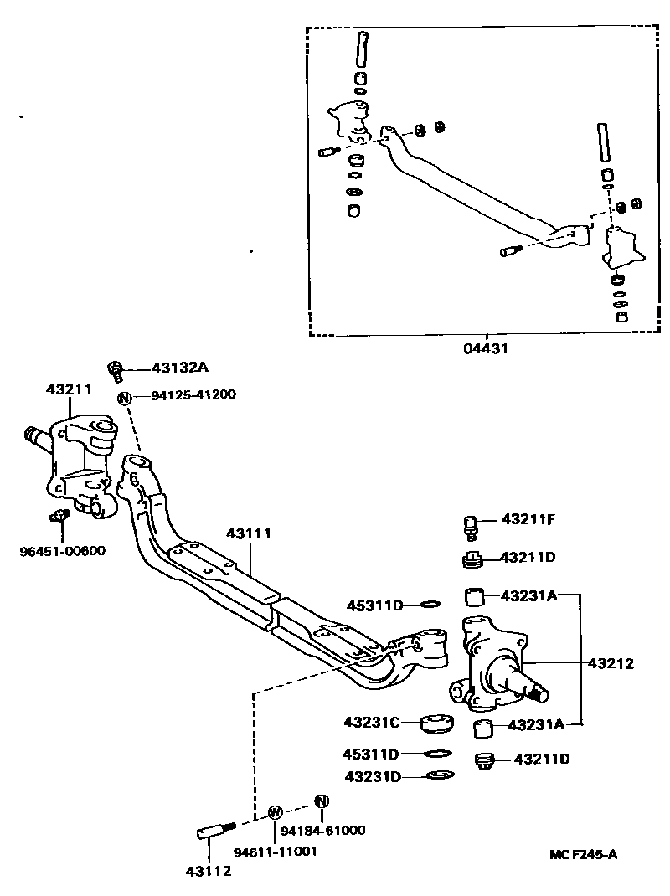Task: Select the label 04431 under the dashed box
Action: [487, 349]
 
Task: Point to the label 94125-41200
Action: [193, 396]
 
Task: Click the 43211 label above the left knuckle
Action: [69, 390]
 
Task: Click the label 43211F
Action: [528, 519]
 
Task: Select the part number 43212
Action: [611, 663]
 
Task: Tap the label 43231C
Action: [372, 721]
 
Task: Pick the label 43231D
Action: [372, 777]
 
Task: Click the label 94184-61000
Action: [323, 830]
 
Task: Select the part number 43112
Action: [209, 870]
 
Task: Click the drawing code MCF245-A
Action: [584, 854]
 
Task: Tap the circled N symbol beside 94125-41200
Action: [124, 397]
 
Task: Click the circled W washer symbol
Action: [274, 811]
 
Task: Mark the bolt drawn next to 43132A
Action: [116, 369]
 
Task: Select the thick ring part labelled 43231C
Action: [435, 722]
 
